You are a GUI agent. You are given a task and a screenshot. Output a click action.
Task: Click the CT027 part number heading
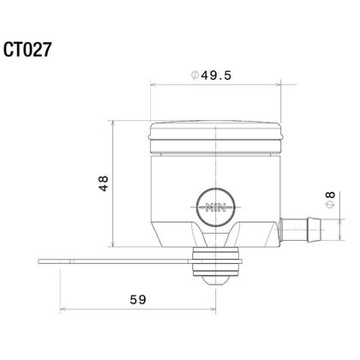pyautogui.click(x=27, y=50)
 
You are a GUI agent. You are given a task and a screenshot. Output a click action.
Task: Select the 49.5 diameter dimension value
pyautogui.click(x=216, y=75)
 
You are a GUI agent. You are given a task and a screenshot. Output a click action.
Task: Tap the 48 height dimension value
pyautogui.click(x=104, y=183)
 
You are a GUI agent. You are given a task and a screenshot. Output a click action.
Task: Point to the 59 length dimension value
pyautogui.click(x=138, y=300)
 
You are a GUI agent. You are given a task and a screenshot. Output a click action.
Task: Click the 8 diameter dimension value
pyautogui.click(x=331, y=195)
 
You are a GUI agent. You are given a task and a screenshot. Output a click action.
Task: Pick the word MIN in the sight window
pyautogui.click(x=216, y=207)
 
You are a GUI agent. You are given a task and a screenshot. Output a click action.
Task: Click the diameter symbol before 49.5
pyautogui.click(x=195, y=75)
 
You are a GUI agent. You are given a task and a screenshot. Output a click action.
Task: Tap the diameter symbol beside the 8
pyautogui.click(x=331, y=205)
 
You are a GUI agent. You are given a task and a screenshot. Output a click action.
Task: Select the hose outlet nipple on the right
pyautogui.click(x=300, y=230)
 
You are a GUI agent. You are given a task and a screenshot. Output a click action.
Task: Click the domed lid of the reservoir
pyautogui.click(x=216, y=136)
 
